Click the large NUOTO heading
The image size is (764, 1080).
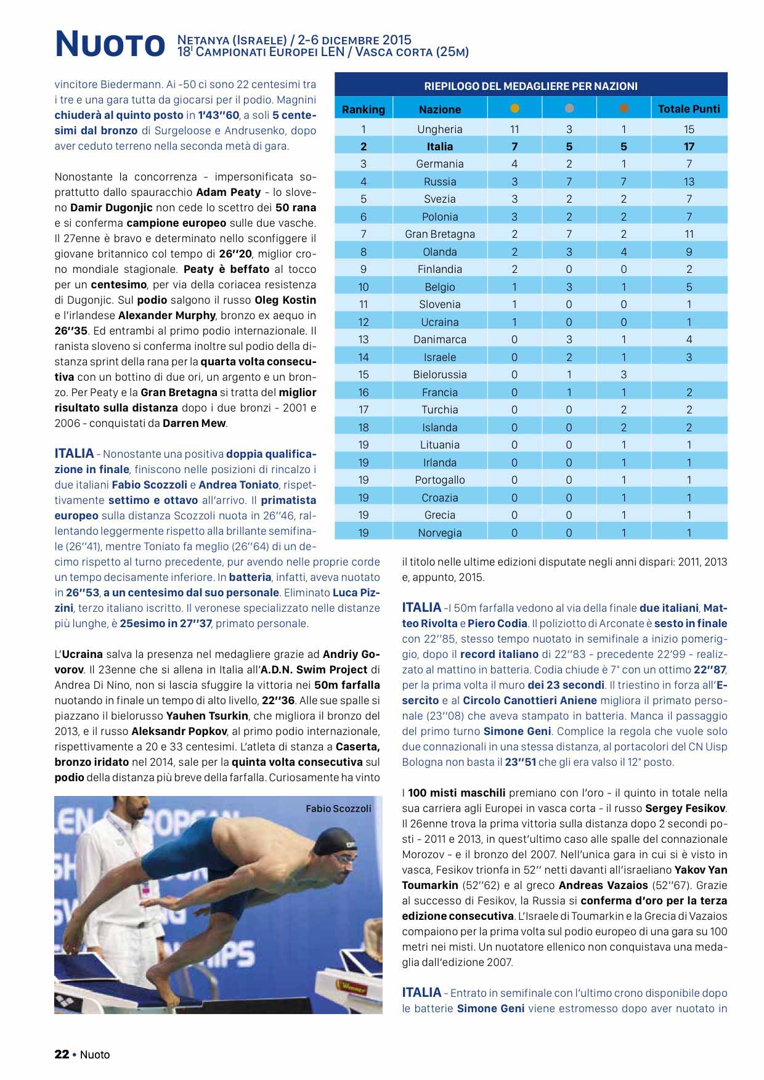(x=110, y=44)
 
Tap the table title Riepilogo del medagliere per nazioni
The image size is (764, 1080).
(x=530, y=86)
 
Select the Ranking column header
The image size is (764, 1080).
(x=364, y=109)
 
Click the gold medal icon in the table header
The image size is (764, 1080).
(x=514, y=108)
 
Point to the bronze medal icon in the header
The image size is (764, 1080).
(x=624, y=108)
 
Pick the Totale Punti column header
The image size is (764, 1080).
(x=689, y=109)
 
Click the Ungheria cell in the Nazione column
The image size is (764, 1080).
(x=439, y=129)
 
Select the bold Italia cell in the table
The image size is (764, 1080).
(x=439, y=147)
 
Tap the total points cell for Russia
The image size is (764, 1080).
(x=689, y=182)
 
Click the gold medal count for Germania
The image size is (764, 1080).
(x=514, y=164)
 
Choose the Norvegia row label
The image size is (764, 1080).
(x=439, y=533)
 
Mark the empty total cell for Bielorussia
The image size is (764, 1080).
(x=689, y=375)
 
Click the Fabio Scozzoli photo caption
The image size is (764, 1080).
(x=338, y=808)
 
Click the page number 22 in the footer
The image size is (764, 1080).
(x=62, y=1054)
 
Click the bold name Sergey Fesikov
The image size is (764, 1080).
(x=686, y=808)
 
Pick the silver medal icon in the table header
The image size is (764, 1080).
(x=569, y=108)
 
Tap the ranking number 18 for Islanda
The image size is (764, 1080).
(x=364, y=428)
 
